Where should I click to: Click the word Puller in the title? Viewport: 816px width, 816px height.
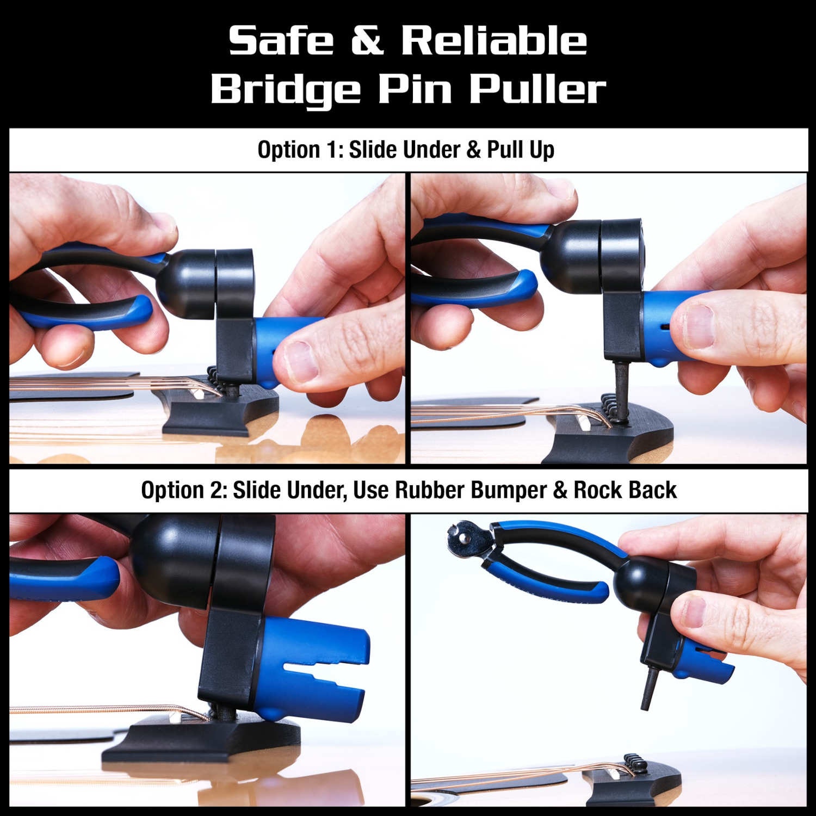pyautogui.click(x=537, y=88)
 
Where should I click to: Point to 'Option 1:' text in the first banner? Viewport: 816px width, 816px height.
pyautogui.click(x=300, y=150)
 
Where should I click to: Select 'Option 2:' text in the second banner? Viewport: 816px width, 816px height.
pyautogui.click(x=183, y=490)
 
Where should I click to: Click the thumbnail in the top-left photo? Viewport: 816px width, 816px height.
pyautogui.click(x=301, y=360)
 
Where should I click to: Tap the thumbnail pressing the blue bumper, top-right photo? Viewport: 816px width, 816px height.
pyautogui.click(x=697, y=326)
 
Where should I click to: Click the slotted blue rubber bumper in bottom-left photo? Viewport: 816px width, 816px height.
pyautogui.click(x=316, y=669)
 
